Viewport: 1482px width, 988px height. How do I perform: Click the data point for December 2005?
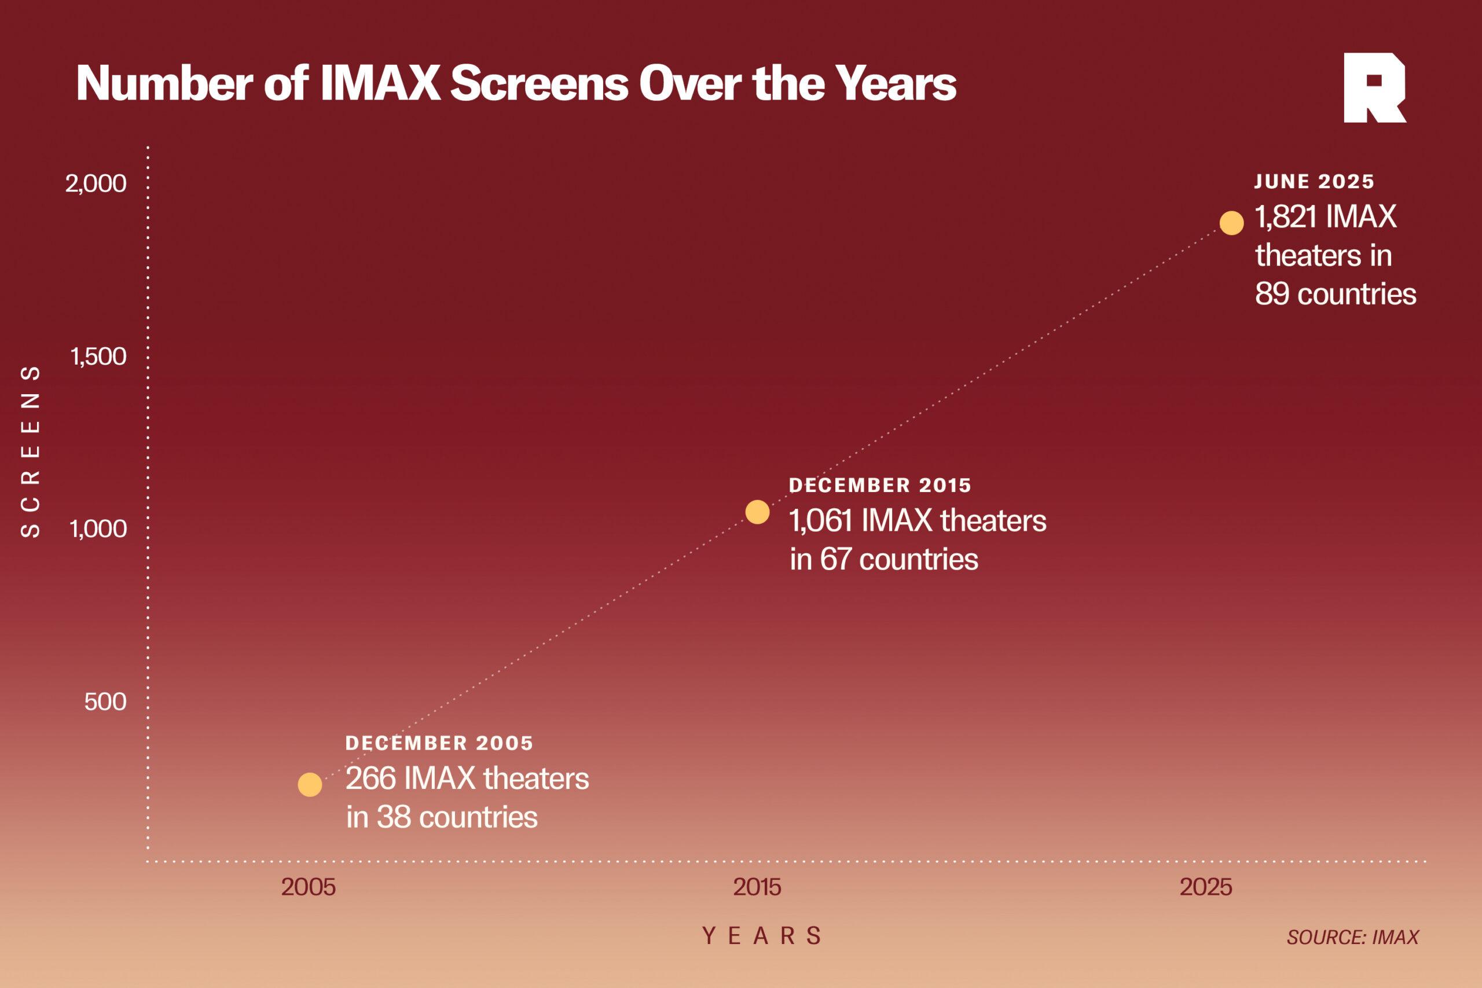coord(309,784)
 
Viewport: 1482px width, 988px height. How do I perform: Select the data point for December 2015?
coord(757,512)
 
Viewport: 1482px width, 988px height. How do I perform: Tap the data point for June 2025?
coord(1231,223)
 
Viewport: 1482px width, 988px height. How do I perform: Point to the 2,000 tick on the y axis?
coord(96,184)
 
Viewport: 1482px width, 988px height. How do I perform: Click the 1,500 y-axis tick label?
coord(98,357)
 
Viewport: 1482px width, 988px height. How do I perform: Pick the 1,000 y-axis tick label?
coord(98,528)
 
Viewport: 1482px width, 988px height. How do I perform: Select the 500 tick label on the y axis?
coord(105,701)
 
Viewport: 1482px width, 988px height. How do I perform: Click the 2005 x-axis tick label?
coord(308,887)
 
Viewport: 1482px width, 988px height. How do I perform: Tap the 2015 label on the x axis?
coord(757,887)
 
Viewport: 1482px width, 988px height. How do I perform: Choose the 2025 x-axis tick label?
coord(1205,887)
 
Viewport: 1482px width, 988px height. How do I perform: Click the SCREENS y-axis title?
coord(30,450)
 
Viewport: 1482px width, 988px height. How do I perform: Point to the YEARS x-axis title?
coord(762,936)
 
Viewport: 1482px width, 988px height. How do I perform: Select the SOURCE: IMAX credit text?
coord(1352,938)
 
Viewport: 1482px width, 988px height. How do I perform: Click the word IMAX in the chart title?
coord(380,84)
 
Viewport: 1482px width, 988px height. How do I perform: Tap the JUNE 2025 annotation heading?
coord(1314,182)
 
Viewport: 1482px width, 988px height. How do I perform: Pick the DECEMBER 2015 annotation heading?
coord(879,485)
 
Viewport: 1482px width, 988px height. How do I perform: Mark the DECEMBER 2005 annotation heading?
coord(439,744)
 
